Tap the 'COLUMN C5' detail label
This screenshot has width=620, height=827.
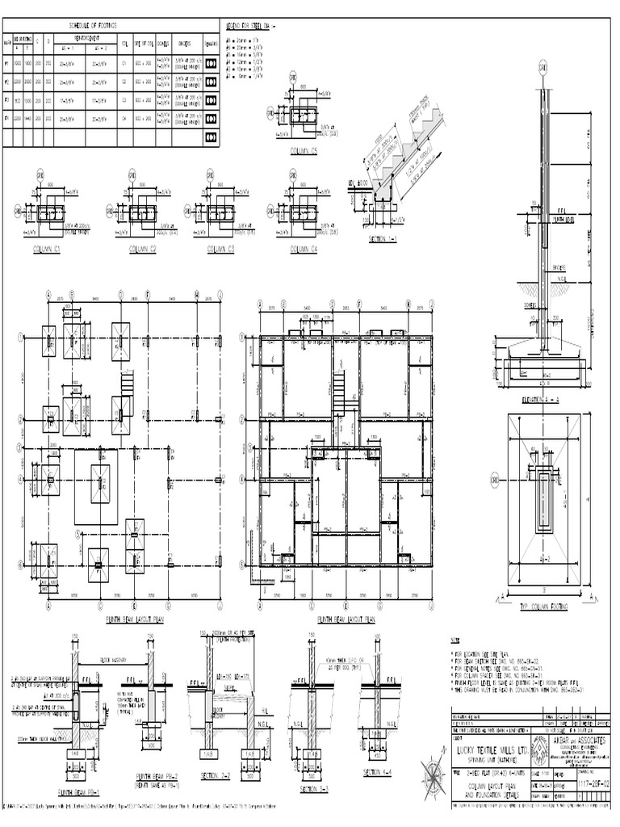tap(302, 151)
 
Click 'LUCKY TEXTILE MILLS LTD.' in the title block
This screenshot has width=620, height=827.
tap(490, 749)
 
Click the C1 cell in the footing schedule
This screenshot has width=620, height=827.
tap(125, 62)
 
